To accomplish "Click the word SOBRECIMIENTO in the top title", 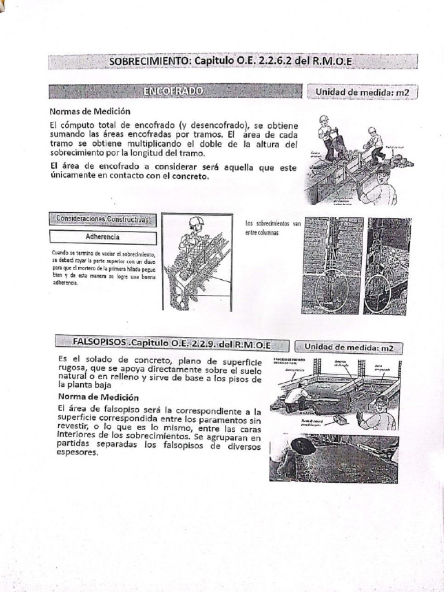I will click(x=149, y=62).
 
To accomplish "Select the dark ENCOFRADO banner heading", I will click(x=173, y=91).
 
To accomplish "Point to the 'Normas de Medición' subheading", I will click(x=89, y=111).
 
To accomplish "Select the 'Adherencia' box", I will click(x=103, y=237).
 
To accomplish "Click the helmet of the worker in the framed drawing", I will click(x=197, y=221).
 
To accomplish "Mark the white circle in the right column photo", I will click(x=382, y=288).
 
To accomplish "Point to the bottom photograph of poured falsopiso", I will click(x=333, y=458).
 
